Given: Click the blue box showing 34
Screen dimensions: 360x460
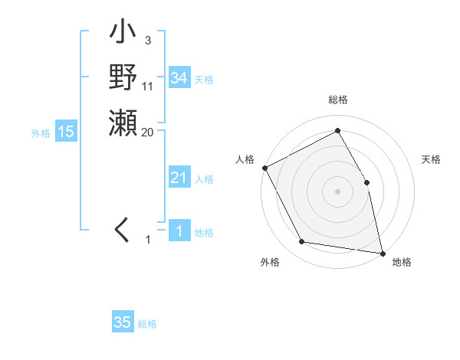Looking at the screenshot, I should pos(179,78).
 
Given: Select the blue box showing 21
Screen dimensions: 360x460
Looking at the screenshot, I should pos(179,178).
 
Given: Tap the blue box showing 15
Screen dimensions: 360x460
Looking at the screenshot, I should pos(66,132).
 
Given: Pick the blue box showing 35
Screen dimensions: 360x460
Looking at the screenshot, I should pos(123,322).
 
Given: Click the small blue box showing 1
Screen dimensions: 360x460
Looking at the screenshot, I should pos(179,231).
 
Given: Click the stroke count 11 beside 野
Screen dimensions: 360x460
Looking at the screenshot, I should pos(147,87).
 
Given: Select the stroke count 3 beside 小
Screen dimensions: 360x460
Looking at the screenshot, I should pos(146,41).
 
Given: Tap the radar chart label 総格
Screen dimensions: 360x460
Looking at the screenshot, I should pos(337,100).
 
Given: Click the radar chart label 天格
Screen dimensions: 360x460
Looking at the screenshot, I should pos(432,159).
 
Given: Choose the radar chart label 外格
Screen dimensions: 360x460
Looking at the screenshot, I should pos(270,262).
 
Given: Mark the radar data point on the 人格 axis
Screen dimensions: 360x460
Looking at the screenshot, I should pos(264,168).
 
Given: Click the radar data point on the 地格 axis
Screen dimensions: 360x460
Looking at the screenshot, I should pos(382,253).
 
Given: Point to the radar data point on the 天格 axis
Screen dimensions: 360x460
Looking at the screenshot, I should pos(366,182).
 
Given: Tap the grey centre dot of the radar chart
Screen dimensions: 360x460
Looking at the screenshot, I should pos(337,191).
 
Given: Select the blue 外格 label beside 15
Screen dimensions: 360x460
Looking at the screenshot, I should pos(41,133).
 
